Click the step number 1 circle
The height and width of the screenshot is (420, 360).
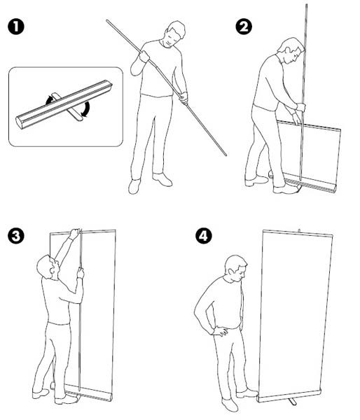(16, 27)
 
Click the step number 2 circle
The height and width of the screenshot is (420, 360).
(244, 27)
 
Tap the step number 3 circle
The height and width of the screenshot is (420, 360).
(16, 236)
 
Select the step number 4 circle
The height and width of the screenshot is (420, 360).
(203, 236)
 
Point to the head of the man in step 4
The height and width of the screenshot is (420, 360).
(236, 268)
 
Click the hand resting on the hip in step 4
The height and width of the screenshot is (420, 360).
(221, 331)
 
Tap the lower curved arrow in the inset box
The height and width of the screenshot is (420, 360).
(86, 109)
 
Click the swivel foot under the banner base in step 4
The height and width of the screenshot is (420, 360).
(292, 401)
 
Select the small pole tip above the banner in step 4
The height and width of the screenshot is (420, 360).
(299, 230)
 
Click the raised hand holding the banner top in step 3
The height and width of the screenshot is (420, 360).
(74, 234)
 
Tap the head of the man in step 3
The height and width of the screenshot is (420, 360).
(48, 267)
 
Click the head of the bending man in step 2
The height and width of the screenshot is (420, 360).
(291, 50)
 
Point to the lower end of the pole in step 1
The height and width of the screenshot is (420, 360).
(226, 155)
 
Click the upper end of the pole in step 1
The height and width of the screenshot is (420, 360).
(107, 20)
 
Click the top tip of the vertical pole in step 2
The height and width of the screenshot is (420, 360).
(306, 5)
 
